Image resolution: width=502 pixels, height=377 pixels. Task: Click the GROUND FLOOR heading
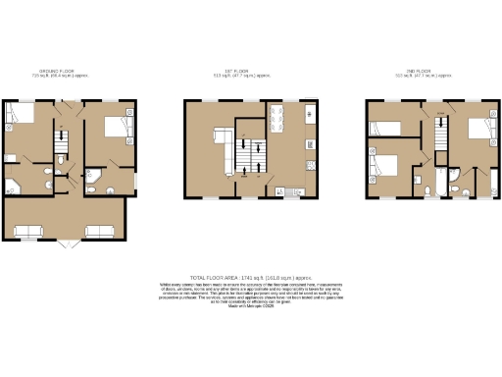click(x=55, y=70)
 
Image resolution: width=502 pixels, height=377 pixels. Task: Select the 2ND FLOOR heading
click(x=420, y=70)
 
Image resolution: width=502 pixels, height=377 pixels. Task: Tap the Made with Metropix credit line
click(x=251, y=311)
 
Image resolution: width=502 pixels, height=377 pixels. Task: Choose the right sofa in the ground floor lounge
click(x=100, y=232)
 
